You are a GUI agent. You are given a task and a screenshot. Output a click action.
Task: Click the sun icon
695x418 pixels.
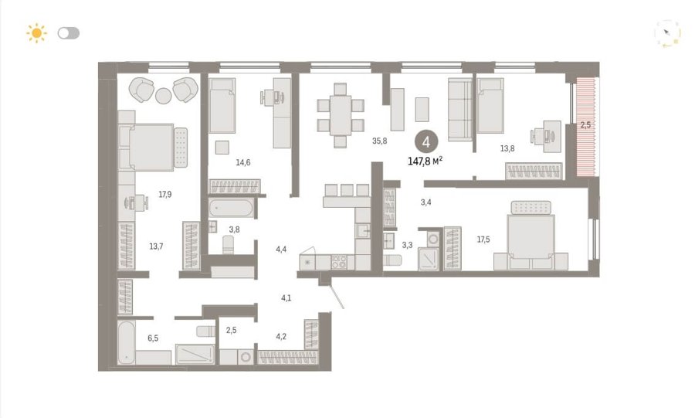[36, 33]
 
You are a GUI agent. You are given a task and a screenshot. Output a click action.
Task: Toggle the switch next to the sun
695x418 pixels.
[69, 33]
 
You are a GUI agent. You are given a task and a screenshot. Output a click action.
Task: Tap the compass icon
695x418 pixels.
[667, 33]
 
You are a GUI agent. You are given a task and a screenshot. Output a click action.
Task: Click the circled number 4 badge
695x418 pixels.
[426, 142]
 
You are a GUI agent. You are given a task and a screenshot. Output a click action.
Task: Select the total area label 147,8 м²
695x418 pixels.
[425, 161]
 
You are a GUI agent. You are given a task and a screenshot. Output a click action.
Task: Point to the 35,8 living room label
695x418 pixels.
[379, 141]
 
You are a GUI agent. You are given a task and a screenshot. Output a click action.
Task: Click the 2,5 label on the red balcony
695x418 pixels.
[585, 125]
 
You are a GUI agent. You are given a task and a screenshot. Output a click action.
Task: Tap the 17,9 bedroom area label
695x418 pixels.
[165, 194]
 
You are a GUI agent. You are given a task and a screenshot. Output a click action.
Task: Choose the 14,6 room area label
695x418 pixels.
[243, 163]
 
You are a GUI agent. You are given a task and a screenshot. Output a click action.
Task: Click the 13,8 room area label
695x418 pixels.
[507, 148]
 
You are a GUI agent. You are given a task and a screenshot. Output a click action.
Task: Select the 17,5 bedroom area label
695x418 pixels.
[483, 240]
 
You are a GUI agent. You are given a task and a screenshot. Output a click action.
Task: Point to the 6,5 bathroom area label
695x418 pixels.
[153, 338]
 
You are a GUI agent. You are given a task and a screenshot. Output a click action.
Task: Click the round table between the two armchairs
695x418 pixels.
[164, 96]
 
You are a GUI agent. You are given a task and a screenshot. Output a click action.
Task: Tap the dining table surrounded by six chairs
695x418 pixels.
[341, 115]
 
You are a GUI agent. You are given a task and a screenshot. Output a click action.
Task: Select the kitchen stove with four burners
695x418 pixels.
[339, 262]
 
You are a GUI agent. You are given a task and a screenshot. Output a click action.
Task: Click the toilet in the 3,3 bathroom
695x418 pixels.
[392, 260]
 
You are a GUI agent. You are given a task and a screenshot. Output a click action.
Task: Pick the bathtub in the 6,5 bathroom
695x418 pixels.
[127, 342]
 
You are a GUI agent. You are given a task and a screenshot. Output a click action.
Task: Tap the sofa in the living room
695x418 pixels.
[460, 110]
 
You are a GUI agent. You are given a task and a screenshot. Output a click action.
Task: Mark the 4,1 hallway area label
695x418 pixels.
[286, 298]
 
